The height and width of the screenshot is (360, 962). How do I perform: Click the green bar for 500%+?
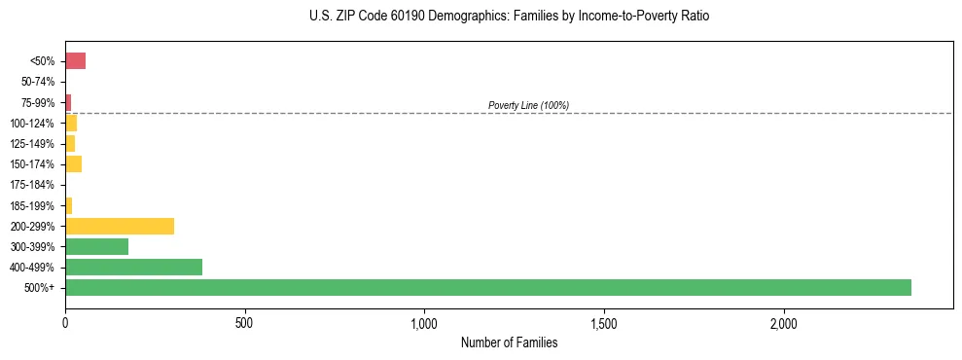pyautogui.click(x=487, y=287)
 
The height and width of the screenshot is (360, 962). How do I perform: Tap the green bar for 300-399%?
pyautogui.click(x=96, y=246)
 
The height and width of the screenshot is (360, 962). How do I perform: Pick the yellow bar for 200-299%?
pyautogui.click(x=119, y=226)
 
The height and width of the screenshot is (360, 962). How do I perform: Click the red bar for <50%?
pyautogui.click(x=75, y=61)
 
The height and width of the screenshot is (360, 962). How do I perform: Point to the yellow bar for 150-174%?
pyautogui.click(x=73, y=164)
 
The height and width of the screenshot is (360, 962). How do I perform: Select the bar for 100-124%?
pyautogui.click(x=71, y=124)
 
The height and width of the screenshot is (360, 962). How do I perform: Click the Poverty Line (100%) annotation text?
pyautogui.click(x=528, y=105)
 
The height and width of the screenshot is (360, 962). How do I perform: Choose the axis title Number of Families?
pyautogui.click(x=509, y=342)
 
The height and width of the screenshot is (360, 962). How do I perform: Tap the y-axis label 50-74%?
pyautogui.click(x=38, y=83)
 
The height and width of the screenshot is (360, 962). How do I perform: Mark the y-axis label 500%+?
pyautogui.click(x=41, y=288)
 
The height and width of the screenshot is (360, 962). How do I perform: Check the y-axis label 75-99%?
pyautogui.click(x=38, y=103)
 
